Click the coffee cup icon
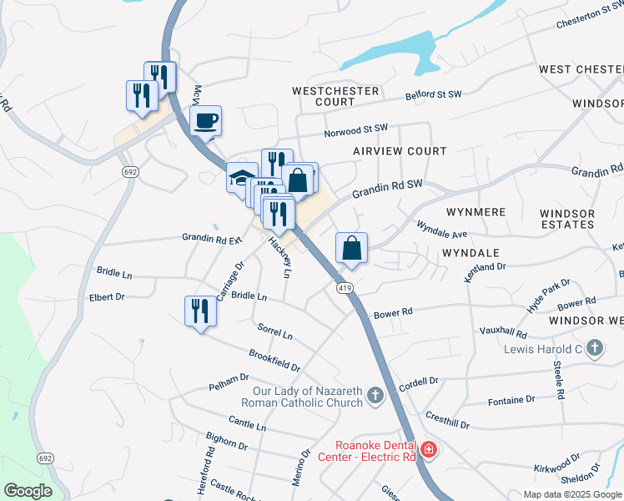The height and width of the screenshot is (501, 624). pos(205,121)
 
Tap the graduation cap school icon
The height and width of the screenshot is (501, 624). pos(240,178)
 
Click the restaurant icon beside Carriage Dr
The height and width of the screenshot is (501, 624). pos(199,311)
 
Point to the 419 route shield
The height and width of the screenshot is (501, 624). pos(345,288)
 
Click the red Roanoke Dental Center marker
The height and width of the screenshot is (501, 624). pos(428,450)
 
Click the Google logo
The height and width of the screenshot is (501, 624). pos(28,491)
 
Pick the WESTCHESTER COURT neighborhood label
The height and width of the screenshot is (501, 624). pos(335,95)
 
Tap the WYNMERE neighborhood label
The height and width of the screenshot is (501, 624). pos(476,212)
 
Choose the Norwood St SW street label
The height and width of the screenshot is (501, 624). pos(356,131)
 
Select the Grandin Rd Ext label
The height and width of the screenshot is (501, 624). pos(212,238)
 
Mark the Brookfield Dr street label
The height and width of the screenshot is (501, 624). pos(274,360)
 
